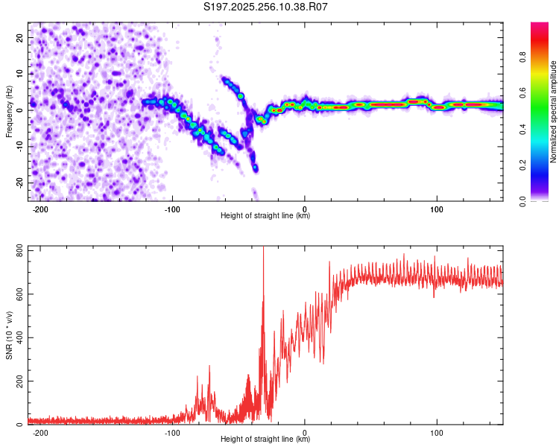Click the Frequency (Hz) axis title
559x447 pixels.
point(9,112)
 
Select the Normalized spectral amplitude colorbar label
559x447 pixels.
point(554,112)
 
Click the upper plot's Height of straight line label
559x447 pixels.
point(265,215)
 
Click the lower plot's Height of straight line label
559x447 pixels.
point(265,439)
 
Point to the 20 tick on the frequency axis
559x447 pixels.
point(20,37)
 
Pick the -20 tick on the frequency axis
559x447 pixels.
point(19,183)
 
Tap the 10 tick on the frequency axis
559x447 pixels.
point(20,74)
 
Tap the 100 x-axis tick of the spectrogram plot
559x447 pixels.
point(438,209)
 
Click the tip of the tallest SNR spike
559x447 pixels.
point(263,248)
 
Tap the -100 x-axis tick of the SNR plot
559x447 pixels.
point(172,432)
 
